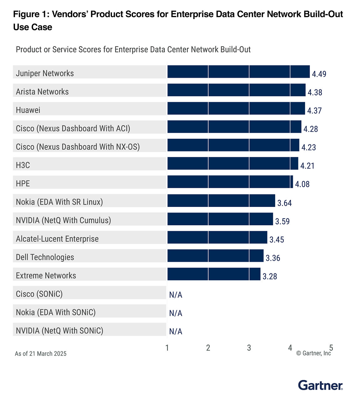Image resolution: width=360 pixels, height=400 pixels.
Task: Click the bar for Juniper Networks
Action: [x=238, y=72]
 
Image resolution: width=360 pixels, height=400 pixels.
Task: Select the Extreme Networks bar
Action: [x=214, y=274]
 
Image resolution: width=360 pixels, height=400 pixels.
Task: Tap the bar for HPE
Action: [x=230, y=182]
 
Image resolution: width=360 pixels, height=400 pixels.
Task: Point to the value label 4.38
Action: [x=315, y=92]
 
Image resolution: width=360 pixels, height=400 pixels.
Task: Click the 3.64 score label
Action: [x=284, y=203]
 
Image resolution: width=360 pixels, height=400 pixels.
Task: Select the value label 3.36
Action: [x=273, y=258]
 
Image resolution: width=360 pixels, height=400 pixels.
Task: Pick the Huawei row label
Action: [x=28, y=110]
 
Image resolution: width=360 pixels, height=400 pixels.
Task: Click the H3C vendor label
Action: [x=23, y=165]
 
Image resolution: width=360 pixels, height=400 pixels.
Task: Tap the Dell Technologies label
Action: [x=45, y=257]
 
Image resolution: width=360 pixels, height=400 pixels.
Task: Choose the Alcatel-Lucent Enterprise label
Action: [x=57, y=239]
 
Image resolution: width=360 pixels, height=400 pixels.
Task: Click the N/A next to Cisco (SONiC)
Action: [x=175, y=295]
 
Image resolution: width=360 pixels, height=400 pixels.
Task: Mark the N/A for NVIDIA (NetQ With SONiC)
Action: [x=175, y=332]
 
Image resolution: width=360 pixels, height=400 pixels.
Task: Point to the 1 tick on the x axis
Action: [x=167, y=348]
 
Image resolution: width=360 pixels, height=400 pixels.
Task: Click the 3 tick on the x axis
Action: [x=249, y=348]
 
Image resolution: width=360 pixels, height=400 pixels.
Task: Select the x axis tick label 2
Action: [x=208, y=348]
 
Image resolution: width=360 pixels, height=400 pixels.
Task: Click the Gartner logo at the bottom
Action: [x=320, y=385]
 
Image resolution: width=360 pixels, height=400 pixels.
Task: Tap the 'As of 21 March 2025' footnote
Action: [x=41, y=354]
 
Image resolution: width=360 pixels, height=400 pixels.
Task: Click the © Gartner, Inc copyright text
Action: [x=313, y=353]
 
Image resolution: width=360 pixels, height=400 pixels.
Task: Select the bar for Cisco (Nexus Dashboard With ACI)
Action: [x=234, y=127]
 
